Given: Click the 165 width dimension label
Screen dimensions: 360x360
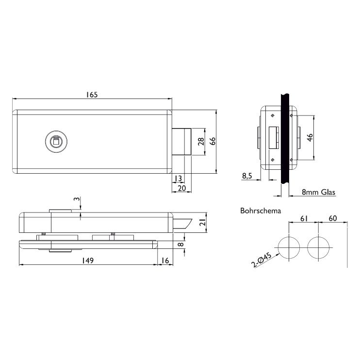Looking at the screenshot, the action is [x=92, y=95].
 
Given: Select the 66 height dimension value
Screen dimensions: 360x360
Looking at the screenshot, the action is [x=213, y=141].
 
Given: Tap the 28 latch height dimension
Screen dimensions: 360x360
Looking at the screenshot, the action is [x=201, y=142].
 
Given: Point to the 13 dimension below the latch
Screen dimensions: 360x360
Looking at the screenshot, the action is [x=178, y=178].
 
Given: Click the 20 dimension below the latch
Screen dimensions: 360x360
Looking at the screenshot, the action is [x=181, y=188].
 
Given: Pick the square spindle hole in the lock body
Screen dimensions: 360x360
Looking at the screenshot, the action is [x=56, y=142].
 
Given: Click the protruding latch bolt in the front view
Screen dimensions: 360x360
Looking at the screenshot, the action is [x=181, y=142].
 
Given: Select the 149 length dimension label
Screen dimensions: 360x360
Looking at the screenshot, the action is [x=88, y=261].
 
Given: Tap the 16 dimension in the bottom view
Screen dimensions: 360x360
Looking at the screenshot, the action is [x=165, y=261].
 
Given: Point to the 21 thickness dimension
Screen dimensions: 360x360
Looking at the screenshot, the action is [x=202, y=222].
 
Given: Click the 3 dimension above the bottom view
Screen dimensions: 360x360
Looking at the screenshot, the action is [x=77, y=199].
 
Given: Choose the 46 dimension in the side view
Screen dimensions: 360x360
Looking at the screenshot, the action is [x=310, y=137].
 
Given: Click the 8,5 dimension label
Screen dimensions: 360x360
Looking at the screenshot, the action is [x=247, y=176].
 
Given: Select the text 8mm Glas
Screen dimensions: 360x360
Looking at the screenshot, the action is [x=318, y=192].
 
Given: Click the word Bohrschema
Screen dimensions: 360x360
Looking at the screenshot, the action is [x=261, y=211].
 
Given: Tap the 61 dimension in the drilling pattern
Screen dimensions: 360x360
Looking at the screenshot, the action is [x=304, y=218].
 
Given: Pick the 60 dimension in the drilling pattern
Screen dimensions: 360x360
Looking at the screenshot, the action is [x=333, y=218].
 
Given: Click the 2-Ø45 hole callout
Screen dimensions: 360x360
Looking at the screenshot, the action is [x=262, y=260].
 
